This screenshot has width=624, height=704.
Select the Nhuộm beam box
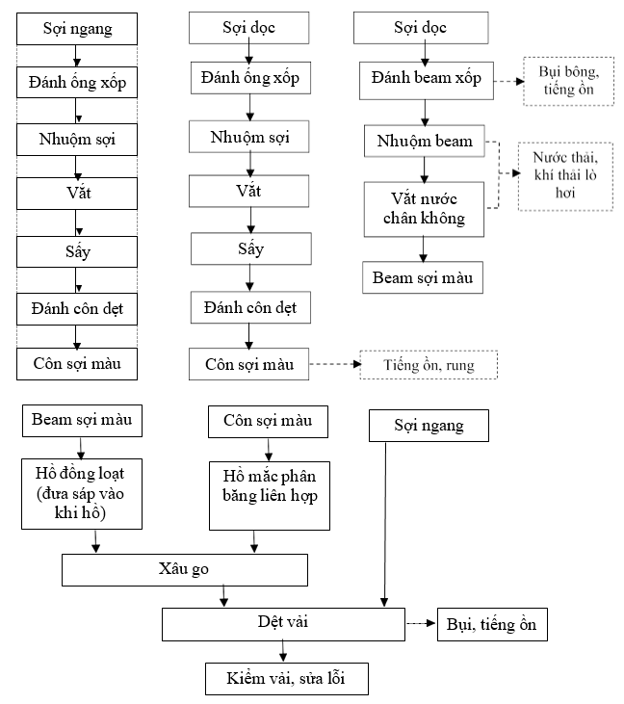425,142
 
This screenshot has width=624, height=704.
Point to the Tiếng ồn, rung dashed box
429,365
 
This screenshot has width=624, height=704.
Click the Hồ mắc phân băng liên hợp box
269,494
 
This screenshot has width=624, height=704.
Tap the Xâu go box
185,569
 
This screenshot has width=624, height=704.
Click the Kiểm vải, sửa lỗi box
287,679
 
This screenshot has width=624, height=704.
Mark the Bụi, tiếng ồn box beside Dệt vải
493,625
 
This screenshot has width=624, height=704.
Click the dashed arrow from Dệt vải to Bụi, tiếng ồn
420,624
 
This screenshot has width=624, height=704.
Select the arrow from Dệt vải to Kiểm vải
282,650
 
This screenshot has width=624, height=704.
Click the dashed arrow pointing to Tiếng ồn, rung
334,365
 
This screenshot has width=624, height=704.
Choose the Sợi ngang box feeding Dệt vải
429,425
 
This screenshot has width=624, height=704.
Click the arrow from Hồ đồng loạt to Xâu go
95,541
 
